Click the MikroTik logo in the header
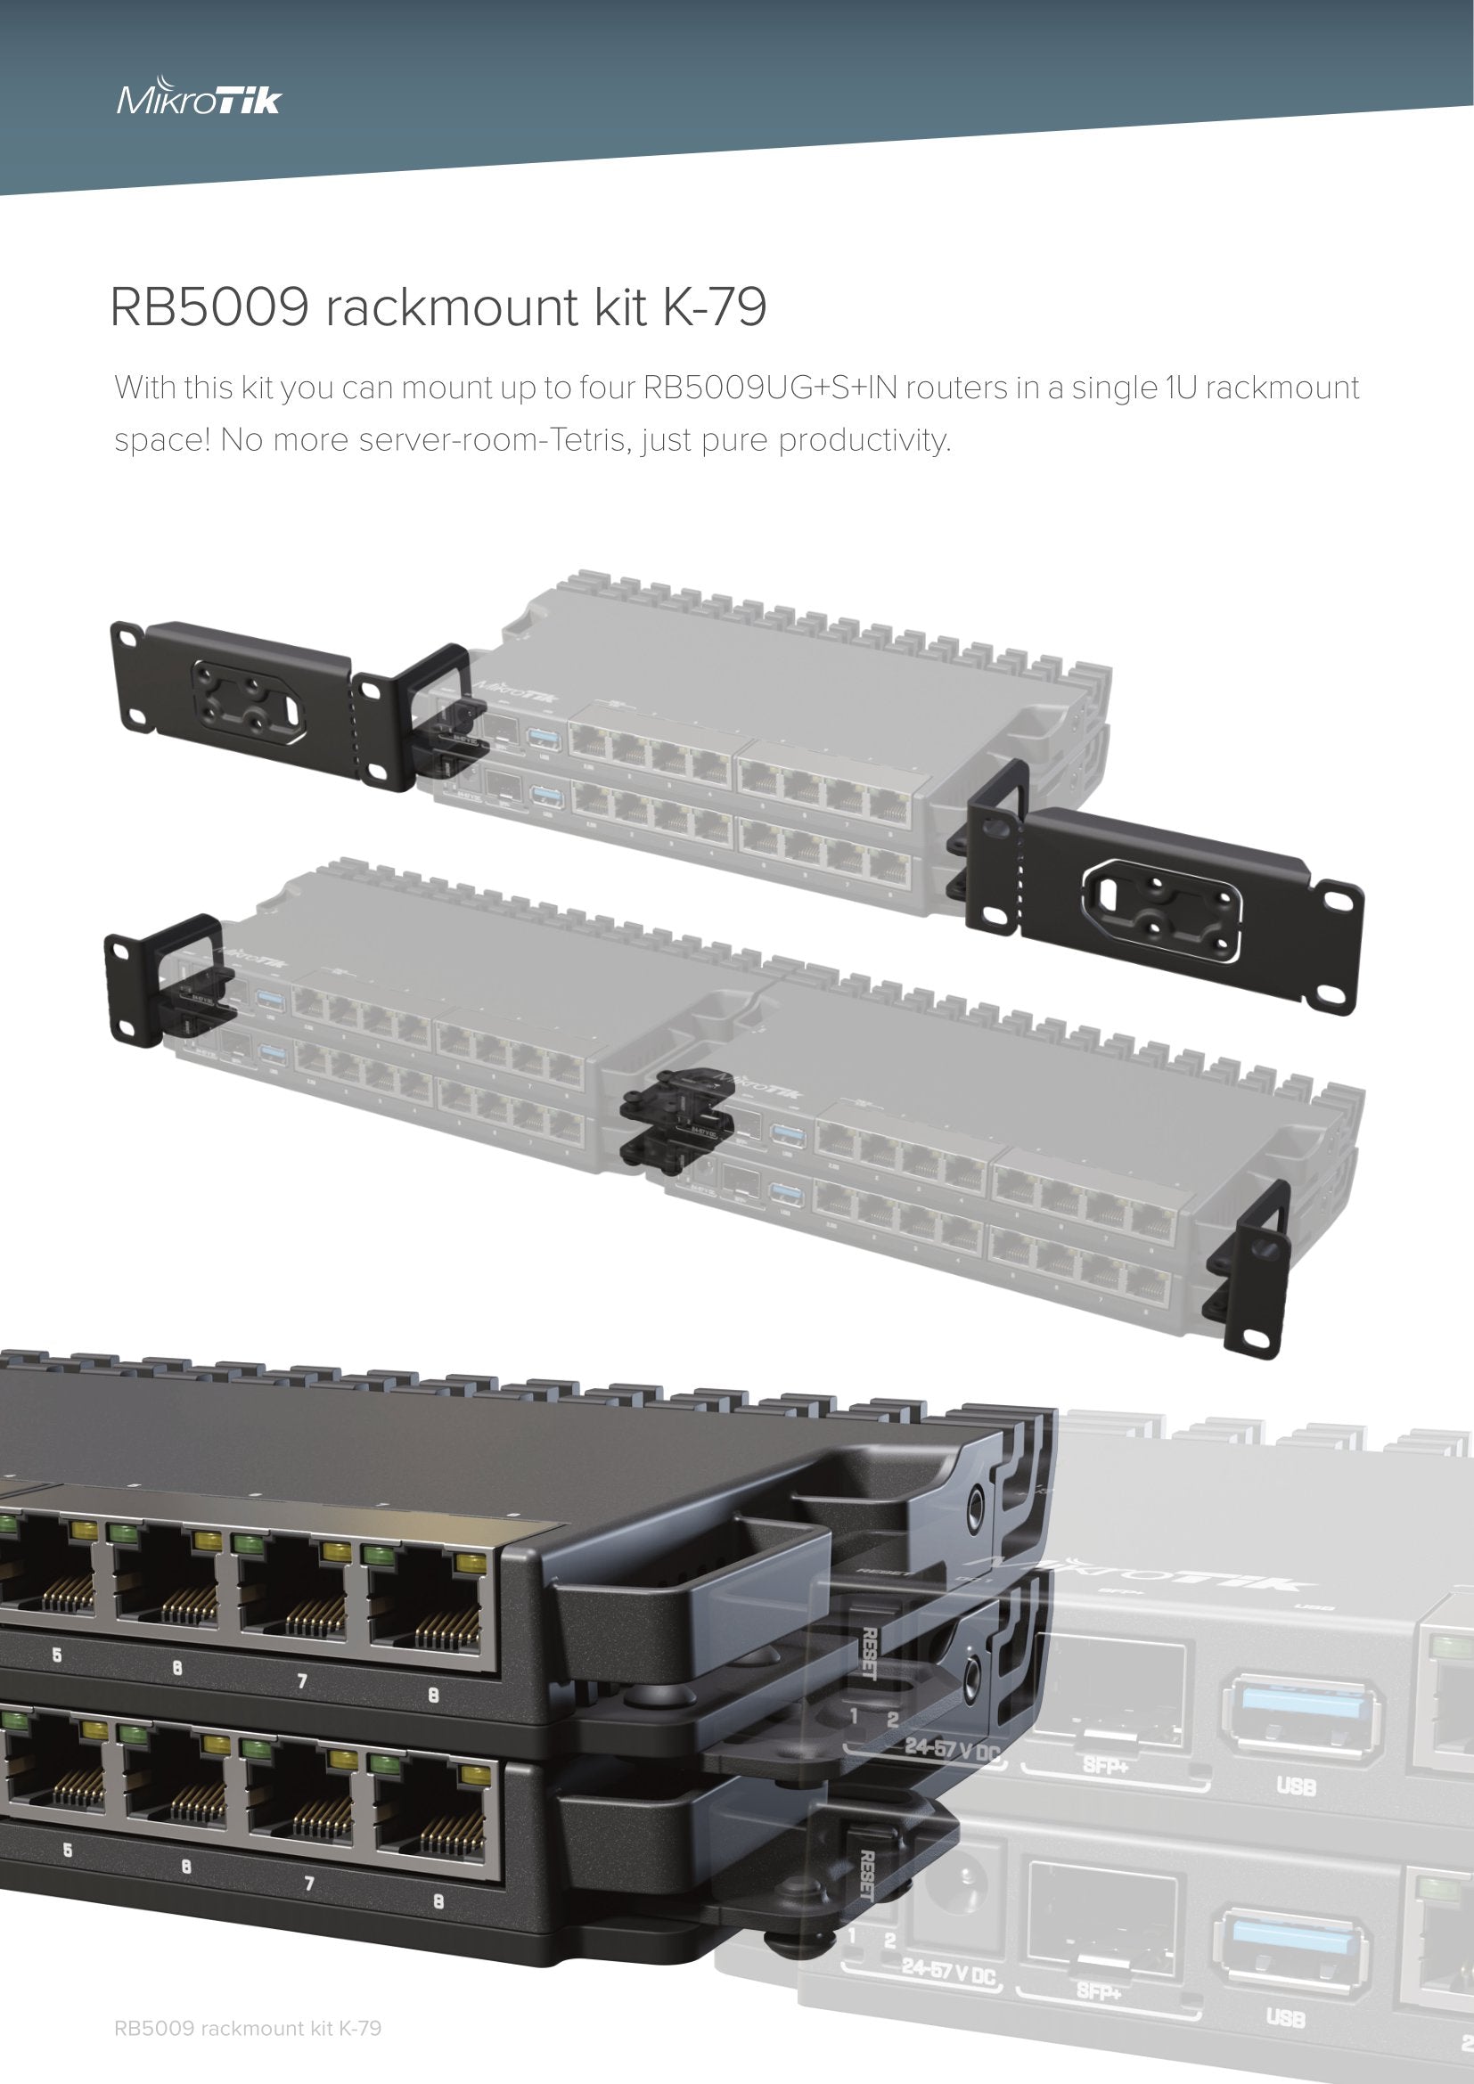click(x=199, y=99)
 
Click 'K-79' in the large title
click(x=715, y=307)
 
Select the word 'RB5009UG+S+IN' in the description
click(x=768, y=388)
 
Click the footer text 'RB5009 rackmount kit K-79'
click(x=247, y=2029)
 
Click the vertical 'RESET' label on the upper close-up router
click(x=867, y=1654)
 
